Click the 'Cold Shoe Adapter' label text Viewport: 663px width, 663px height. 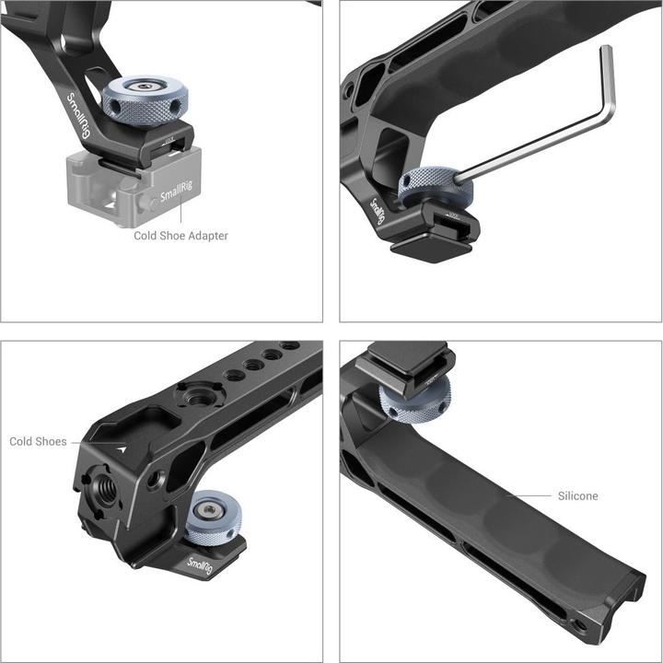(x=180, y=236)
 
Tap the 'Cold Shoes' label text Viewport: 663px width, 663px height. (x=38, y=442)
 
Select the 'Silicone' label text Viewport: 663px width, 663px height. (x=577, y=495)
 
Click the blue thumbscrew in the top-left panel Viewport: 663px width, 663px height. (x=145, y=99)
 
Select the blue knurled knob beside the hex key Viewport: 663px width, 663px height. (x=434, y=186)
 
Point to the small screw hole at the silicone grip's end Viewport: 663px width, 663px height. (x=580, y=625)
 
